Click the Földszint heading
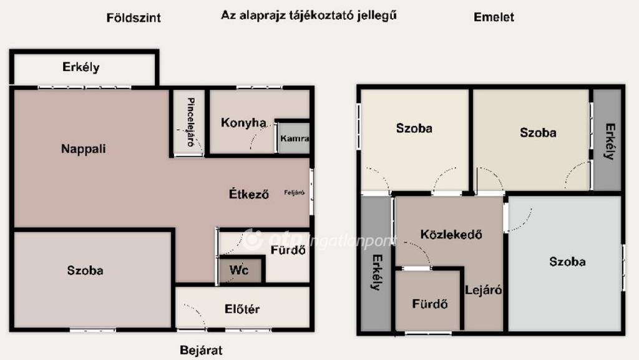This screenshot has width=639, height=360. [134, 18]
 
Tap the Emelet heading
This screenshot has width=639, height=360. [494, 17]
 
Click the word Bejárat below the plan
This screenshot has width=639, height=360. [202, 350]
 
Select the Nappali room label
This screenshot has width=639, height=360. [84, 149]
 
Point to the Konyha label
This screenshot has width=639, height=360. [243, 122]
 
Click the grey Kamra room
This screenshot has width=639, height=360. [293, 138]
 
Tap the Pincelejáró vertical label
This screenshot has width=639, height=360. [190, 122]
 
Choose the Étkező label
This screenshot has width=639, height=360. [249, 194]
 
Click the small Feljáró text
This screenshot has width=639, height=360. [295, 193]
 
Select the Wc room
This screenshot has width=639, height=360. [240, 270]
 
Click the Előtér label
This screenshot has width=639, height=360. [242, 309]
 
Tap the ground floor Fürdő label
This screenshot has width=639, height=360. [288, 250]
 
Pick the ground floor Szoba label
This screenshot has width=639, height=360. [85, 270]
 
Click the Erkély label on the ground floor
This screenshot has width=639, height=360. [81, 67]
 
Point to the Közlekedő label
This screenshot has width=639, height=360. [451, 235]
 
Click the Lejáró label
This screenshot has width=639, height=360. [484, 290]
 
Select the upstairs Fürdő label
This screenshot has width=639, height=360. [430, 304]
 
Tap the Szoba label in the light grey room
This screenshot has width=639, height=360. [567, 261]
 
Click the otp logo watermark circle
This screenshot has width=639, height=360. [253, 240]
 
